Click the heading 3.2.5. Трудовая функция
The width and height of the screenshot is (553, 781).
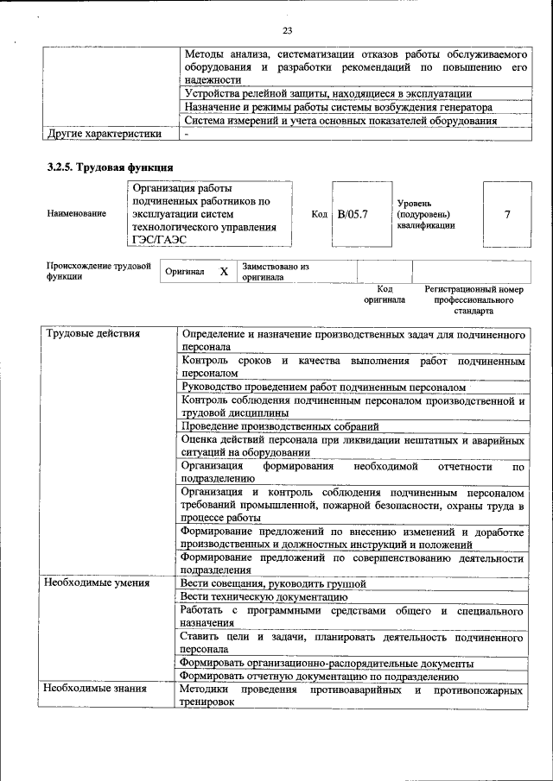(x=111, y=167)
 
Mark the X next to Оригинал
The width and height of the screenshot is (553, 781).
(x=223, y=272)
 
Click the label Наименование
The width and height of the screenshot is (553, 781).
(x=77, y=213)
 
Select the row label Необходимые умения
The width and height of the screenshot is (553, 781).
(x=97, y=583)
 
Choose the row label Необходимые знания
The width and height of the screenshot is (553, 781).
(x=95, y=689)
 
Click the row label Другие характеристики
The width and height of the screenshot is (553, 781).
(x=104, y=134)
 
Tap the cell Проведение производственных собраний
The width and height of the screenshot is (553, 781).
(x=280, y=426)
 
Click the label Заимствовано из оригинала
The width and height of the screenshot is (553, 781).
(x=276, y=272)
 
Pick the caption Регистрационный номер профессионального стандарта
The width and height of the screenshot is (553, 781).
(x=474, y=299)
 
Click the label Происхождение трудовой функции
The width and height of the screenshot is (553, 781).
(x=99, y=272)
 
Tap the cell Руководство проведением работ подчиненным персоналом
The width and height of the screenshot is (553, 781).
(x=323, y=387)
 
